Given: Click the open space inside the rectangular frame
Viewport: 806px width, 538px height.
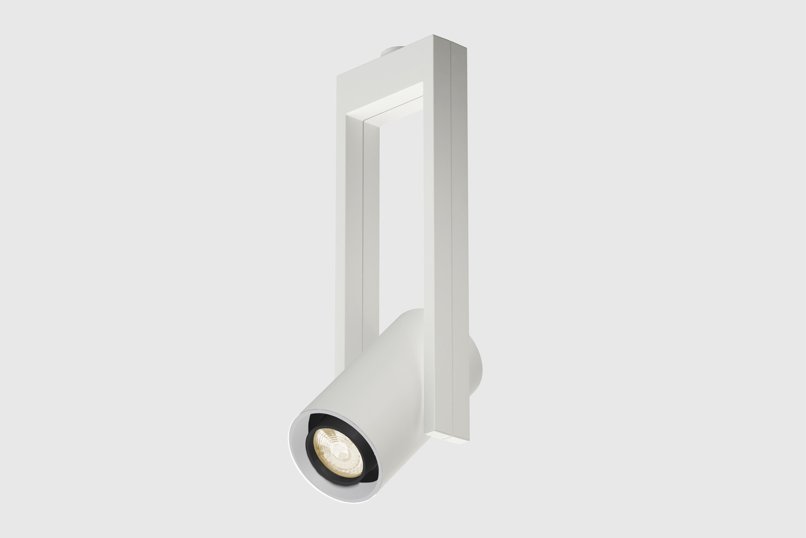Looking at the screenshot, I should coord(400,217).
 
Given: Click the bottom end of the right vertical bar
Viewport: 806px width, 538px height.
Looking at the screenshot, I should coord(452,436).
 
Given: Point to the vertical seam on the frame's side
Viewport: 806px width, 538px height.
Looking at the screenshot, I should coord(452,229).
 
